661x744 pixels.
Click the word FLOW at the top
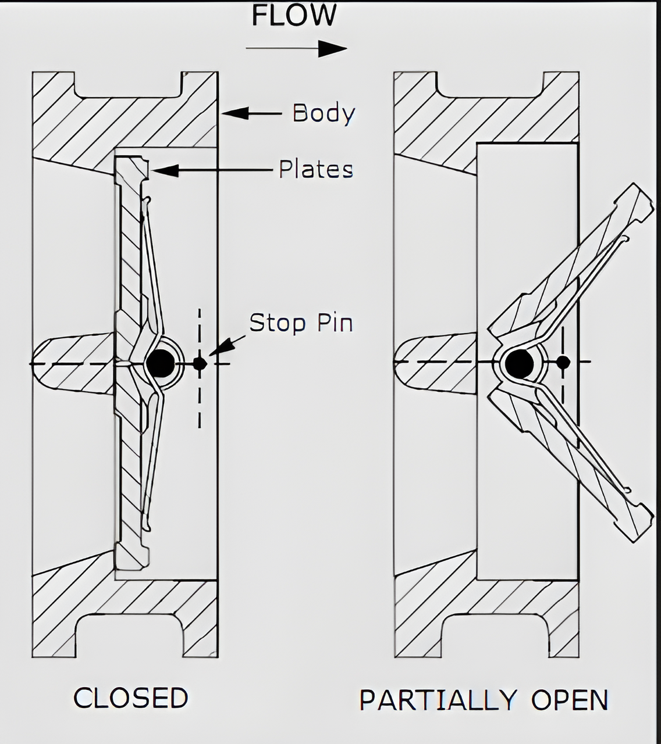[294, 16]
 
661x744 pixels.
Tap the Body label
[324, 113]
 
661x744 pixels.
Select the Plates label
[316, 169]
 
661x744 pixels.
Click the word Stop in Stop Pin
[276, 323]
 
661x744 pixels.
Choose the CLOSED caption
[131, 698]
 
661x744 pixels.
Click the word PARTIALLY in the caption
[438, 700]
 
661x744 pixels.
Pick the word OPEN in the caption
[570, 700]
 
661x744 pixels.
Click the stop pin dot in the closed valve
[200, 364]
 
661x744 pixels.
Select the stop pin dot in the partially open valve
[563, 362]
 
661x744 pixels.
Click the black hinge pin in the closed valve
[161, 363]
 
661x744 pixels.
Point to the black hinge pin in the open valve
[519, 363]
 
